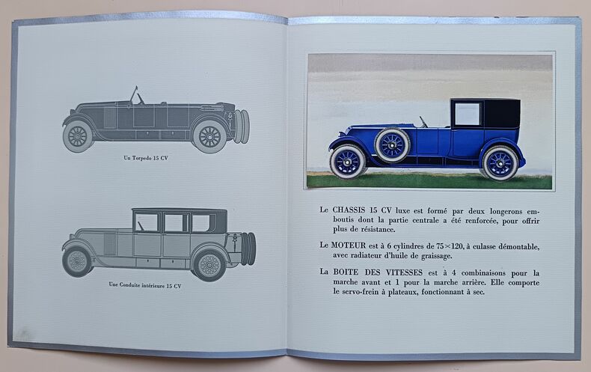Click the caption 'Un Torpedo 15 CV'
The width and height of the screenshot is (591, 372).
(x=145, y=158)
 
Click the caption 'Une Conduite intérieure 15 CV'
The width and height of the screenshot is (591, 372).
(x=145, y=284)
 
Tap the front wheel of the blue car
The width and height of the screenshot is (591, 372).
(x=348, y=161)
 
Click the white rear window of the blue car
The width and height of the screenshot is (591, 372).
(x=468, y=114)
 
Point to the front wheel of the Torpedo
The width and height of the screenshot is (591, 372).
(x=78, y=136)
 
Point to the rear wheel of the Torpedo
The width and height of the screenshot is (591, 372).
(x=209, y=136)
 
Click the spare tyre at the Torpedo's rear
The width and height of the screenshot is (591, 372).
(x=241, y=126)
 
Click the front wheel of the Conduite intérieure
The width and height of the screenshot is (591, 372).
(x=77, y=261)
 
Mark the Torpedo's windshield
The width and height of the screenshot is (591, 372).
(x=134, y=96)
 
